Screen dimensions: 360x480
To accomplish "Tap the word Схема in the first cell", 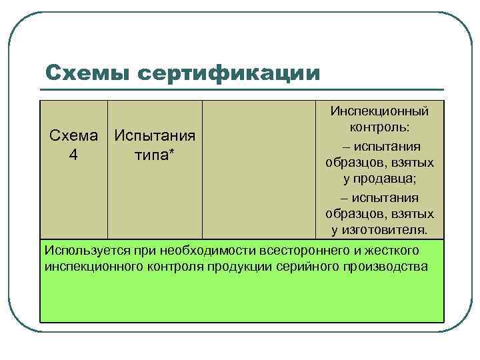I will pyautogui.click(x=73, y=135).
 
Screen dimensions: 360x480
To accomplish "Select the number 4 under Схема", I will pyautogui.click(x=73, y=155).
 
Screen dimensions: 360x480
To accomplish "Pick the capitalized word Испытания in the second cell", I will pyautogui.click(x=155, y=135).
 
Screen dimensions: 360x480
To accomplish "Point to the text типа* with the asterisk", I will pyautogui.click(x=155, y=155).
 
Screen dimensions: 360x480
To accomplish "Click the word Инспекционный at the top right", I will pyautogui.click(x=380, y=111).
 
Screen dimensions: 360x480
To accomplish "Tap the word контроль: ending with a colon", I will pyautogui.click(x=380, y=127).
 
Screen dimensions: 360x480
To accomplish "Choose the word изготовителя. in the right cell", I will pyautogui.click(x=379, y=231).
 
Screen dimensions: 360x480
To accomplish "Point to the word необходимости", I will pyautogui.click(x=197, y=250).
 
